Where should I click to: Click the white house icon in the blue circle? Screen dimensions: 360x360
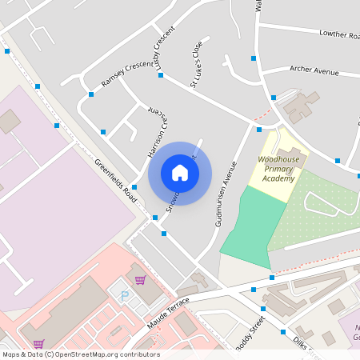point(180,173)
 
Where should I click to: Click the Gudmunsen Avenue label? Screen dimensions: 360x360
point(226,194)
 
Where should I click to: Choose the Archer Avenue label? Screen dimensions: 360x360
point(314,71)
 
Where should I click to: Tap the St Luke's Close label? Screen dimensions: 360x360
point(196,64)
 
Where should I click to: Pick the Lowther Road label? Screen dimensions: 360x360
point(339,34)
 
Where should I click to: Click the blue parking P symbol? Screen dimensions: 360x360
point(124,295)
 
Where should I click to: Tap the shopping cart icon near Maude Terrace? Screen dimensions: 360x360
point(140,280)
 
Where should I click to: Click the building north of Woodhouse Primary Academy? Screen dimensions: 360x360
point(301,106)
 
